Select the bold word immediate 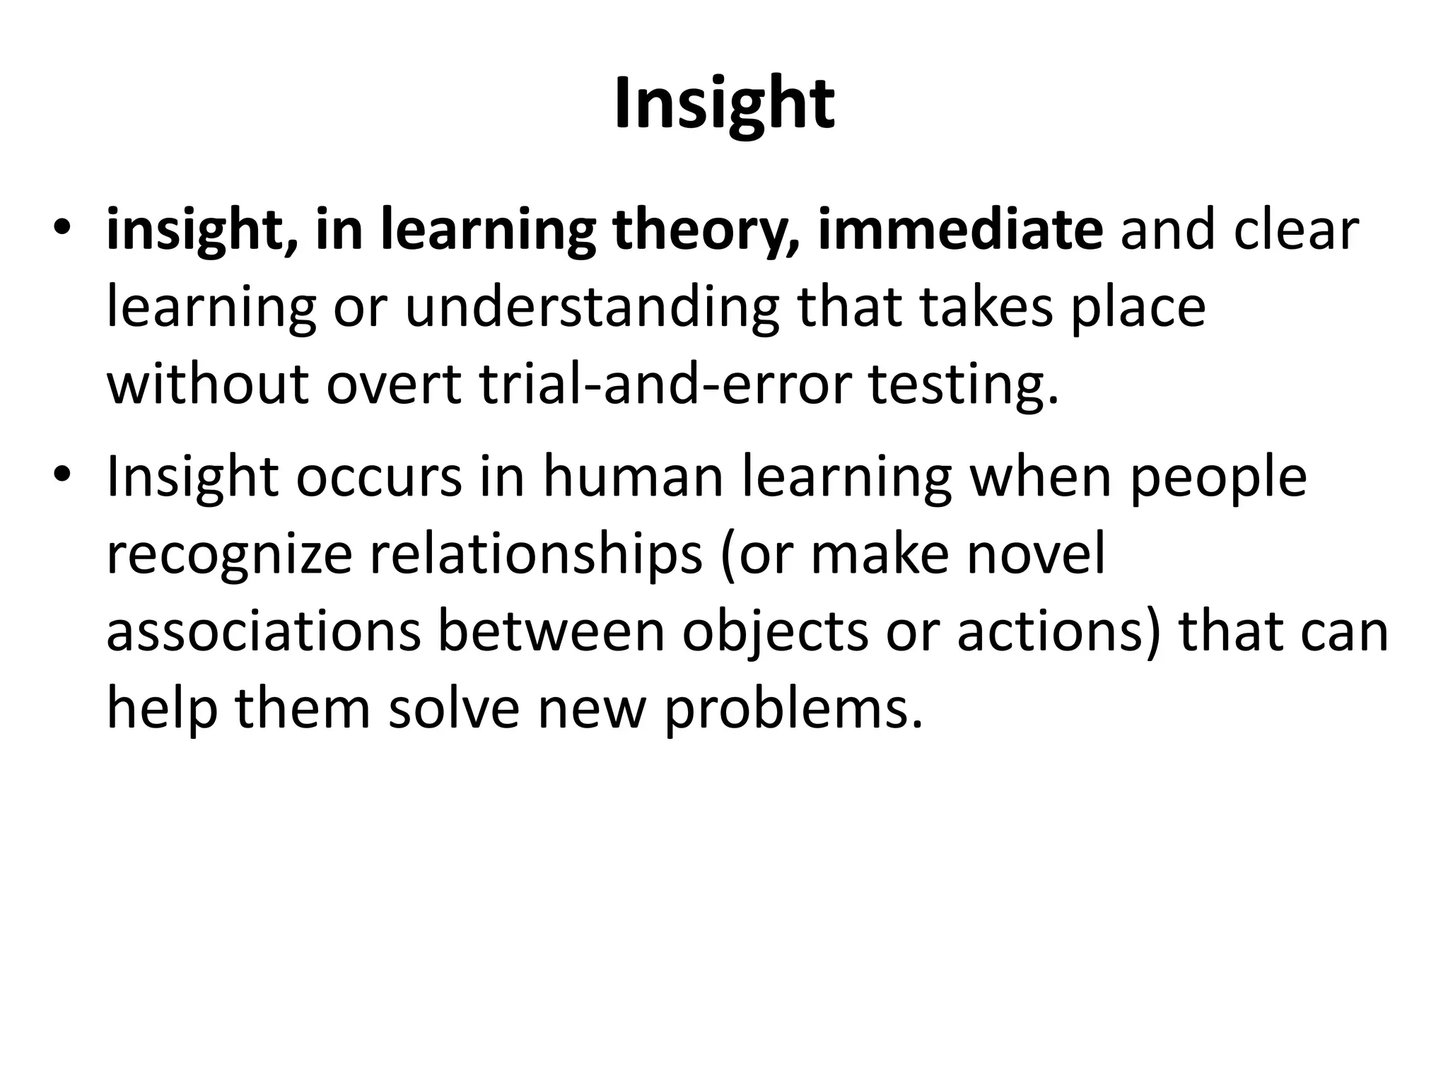coord(960,229)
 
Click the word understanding coord(592,310)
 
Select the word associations coord(263,631)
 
